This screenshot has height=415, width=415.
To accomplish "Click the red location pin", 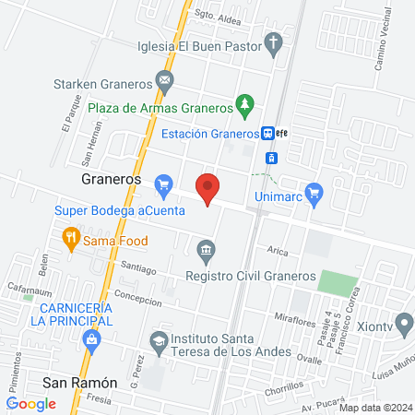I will (208, 189).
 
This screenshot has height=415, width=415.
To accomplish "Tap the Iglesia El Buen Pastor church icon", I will (273, 41).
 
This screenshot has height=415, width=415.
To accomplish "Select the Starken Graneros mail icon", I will (164, 80).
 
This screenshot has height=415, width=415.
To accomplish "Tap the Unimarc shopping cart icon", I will (314, 193).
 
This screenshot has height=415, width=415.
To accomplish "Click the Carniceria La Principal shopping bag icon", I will (91, 340).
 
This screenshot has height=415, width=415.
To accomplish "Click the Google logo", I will (31, 403).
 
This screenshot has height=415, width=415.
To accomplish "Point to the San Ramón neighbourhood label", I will (80, 382).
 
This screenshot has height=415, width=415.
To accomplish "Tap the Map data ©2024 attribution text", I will (374, 407).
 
